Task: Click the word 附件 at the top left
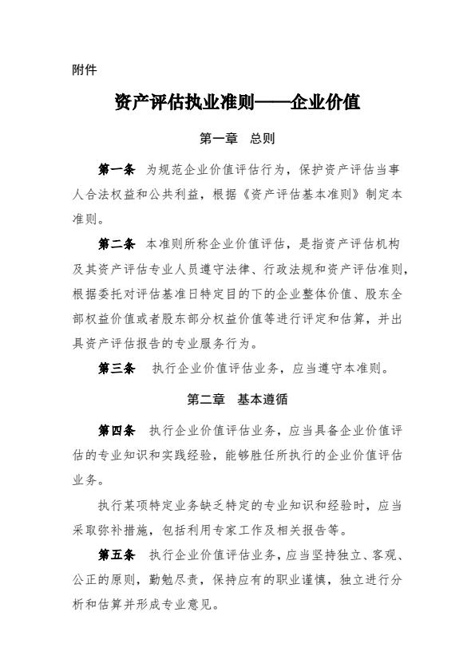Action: point(84,70)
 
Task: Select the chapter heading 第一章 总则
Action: point(237,139)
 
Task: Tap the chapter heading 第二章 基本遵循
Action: point(237,400)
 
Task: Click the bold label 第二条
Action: point(117,243)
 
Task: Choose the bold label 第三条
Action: point(117,369)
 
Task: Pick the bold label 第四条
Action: point(117,431)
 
